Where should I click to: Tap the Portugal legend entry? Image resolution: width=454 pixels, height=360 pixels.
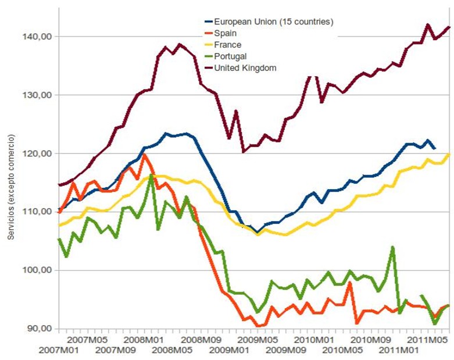[x=230, y=56]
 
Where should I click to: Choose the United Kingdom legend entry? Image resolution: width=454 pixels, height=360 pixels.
[x=245, y=68]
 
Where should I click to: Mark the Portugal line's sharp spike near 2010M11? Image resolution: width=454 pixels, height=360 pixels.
[x=393, y=247]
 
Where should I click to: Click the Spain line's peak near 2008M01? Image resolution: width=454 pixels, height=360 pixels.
[x=144, y=155]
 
